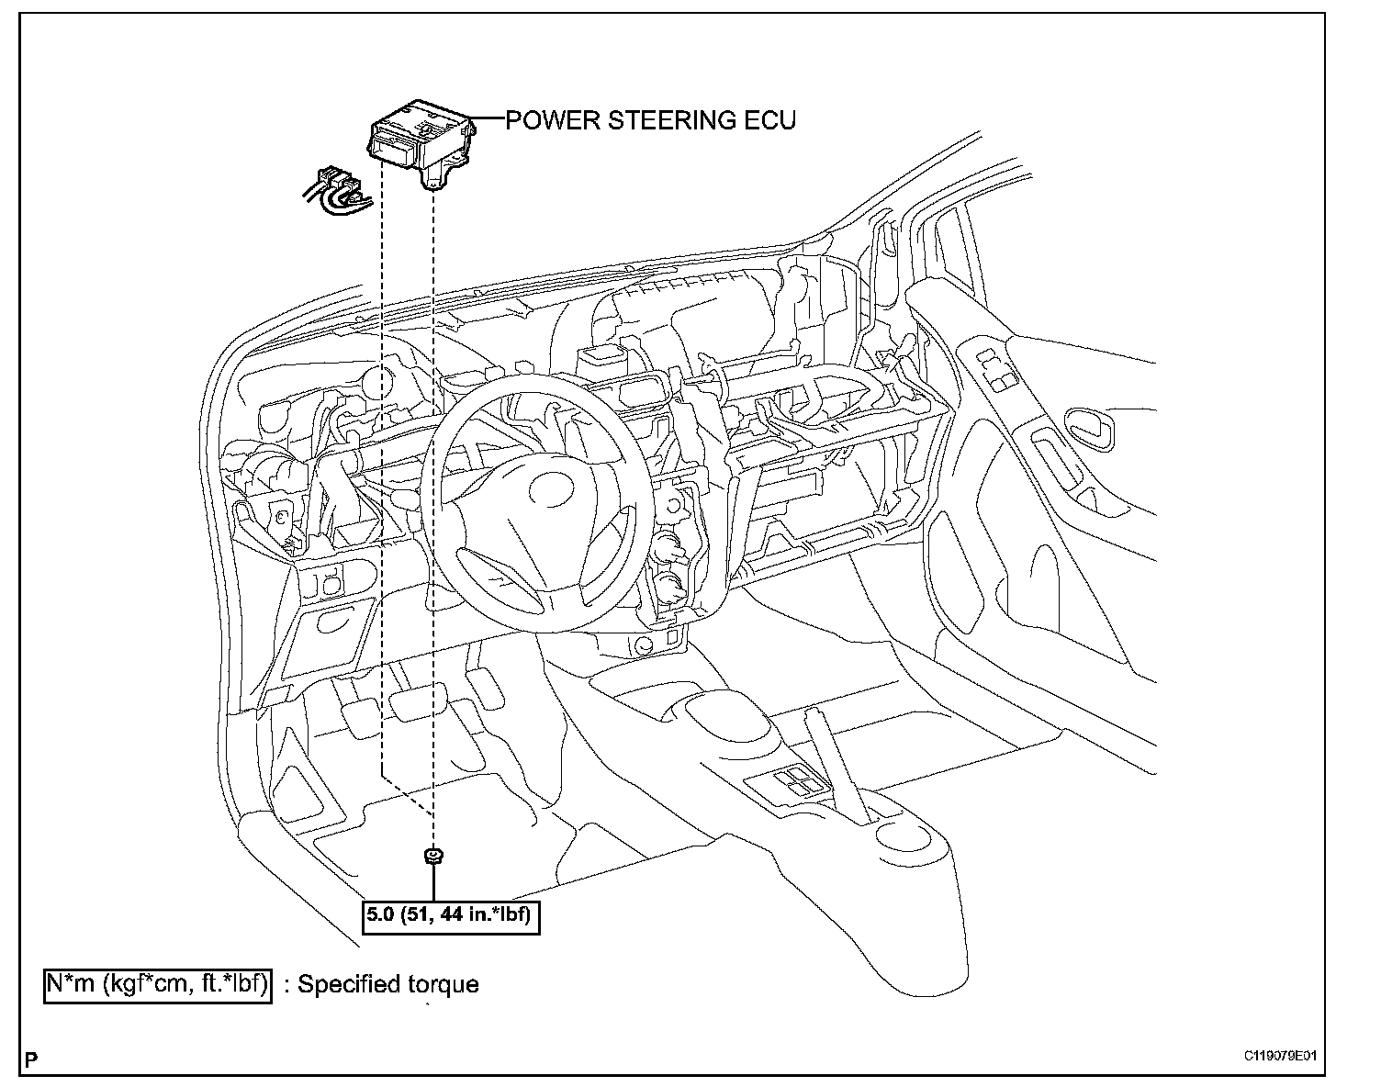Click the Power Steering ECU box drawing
pyautogui.click(x=418, y=138)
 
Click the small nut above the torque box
pyautogui.click(x=432, y=857)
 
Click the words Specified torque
pyautogui.click(x=387, y=985)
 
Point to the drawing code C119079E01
pyautogui.click(x=1280, y=1055)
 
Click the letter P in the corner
pyautogui.click(x=32, y=1061)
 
